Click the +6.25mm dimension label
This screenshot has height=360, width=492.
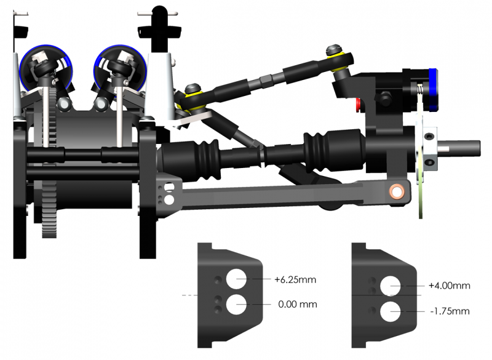tap(295, 279)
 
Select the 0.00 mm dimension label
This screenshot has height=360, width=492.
tap(298, 304)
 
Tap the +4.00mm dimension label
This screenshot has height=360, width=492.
tap(450, 286)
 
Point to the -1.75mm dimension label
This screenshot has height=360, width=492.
tap(450, 311)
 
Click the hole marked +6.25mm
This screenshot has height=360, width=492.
tap(236, 279)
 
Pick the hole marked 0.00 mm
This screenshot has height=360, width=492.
tap(236, 304)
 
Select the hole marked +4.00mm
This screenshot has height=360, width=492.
tap(391, 286)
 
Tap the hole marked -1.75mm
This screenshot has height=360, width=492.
tap(391, 311)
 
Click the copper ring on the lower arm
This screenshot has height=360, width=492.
tap(397, 191)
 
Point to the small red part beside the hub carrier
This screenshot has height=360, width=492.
tap(358, 105)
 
